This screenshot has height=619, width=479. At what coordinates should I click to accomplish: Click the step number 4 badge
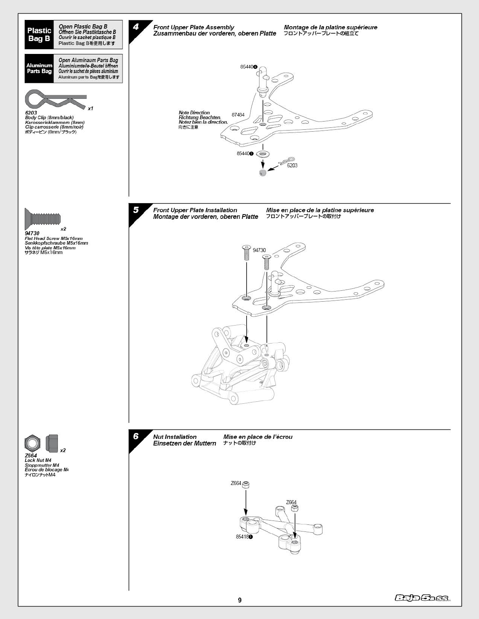point(136,27)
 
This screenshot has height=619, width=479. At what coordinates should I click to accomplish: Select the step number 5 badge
point(136,210)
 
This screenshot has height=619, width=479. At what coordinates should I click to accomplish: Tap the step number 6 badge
point(136,436)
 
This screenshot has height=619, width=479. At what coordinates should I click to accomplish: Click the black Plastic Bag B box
point(39,34)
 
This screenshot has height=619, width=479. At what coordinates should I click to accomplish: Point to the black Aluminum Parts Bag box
point(39,68)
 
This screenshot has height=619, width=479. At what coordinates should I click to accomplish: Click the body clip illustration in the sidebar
point(55,100)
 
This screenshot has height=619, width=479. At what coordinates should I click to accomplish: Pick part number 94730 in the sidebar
point(32,233)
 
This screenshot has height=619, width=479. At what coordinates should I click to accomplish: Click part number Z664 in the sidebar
point(31,456)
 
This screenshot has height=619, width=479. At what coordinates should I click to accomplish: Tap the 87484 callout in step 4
point(238,115)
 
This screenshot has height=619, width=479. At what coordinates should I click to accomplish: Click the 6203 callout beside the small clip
point(292,165)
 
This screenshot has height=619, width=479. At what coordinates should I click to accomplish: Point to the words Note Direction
point(194,113)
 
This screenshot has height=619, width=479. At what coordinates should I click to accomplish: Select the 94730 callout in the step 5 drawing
point(259,250)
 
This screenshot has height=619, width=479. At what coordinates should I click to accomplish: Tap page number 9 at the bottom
point(239,600)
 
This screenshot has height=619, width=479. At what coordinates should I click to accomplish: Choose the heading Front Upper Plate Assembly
point(193,27)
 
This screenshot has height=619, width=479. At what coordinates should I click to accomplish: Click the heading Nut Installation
point(175,437)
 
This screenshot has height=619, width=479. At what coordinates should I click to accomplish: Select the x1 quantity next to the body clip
point(90,108)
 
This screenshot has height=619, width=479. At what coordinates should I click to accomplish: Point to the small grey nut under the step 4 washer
point(263,173)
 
